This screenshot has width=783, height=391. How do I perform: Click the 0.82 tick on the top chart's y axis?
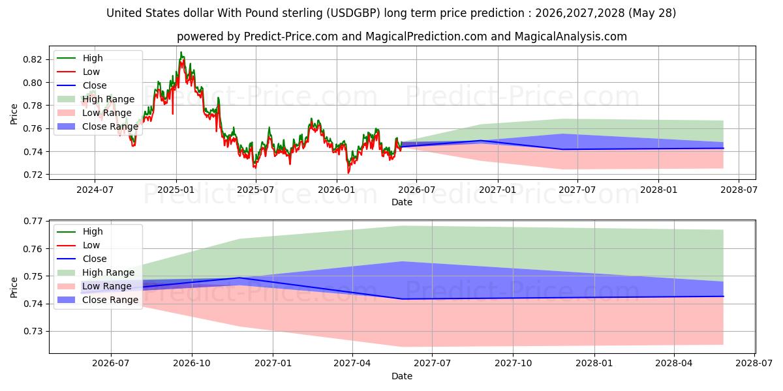[x=33, y=59]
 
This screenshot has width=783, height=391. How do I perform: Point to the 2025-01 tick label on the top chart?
[x=176, y=190]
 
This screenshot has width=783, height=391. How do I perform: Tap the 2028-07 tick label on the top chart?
[x=739, y=190]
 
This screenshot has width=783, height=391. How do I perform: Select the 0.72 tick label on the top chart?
[x=33, y=175]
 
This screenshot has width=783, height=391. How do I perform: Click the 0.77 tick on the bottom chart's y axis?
[x=33, y=221]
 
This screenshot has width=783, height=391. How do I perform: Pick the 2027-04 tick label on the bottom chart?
[x=352, y=364]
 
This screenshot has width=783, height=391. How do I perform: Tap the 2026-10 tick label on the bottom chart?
[x=192, y=364]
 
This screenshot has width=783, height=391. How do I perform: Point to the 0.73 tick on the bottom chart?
[x=33, y=331]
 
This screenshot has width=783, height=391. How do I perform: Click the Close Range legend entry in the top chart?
[x=97, y=126]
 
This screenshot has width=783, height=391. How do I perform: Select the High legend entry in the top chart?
[x=80, y=58]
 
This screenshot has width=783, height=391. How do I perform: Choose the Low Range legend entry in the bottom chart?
[x=95, y=286]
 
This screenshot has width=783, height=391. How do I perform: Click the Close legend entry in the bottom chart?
[x=82, y=259]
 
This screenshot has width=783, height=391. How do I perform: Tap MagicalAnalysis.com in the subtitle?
[x=571, y=36]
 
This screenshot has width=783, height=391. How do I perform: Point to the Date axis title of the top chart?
[x=402, y=202]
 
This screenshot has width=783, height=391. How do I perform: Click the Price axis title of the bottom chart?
[x=14, y=287]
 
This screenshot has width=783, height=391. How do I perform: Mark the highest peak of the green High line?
[x=181, y=52]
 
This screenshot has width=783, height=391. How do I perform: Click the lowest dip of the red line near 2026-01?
[x=348, y=173]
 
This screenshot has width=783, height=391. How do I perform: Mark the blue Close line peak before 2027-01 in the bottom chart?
[x=239, y=278]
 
